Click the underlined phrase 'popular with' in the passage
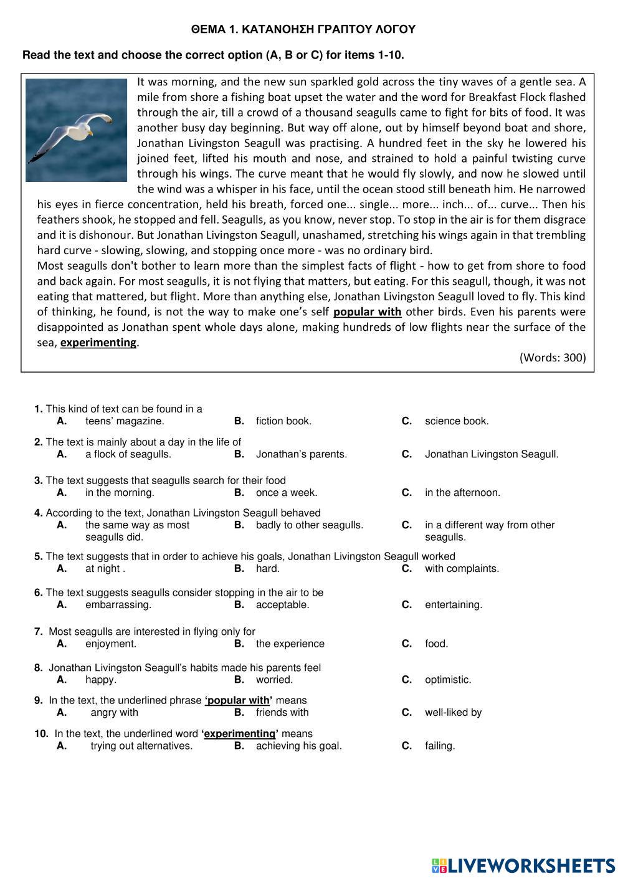(367, 312)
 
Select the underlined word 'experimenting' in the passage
(98, 343)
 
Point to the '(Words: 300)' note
(552, 358)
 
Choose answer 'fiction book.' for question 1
(283, 421)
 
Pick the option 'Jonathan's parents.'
(301, 454)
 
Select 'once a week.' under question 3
(286, 493)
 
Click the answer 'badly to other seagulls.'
(309, 525)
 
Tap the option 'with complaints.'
(462, 569)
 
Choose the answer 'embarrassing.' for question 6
(118, 605)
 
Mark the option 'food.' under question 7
(436, 644)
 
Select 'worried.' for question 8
(274, 680)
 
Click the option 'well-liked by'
(453, 713)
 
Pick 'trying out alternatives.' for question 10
(141, 746)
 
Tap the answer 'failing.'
(440, 746)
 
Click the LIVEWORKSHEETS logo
(523, 865)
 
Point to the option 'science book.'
(457, 421)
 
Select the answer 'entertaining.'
(454, 605)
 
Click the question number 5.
(38, 556)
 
